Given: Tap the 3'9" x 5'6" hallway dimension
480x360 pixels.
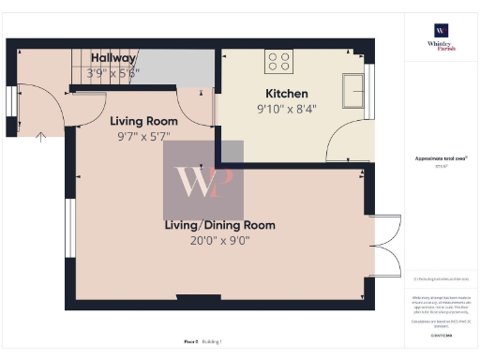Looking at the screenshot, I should tap(113, 72).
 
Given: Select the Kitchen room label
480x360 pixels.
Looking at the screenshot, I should tap(287, 94).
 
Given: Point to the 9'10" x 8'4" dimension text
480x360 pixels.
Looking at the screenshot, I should tap(287, 108).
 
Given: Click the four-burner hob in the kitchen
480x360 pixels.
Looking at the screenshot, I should tap(278, 61).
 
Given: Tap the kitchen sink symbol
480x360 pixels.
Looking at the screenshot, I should tap(355, 91).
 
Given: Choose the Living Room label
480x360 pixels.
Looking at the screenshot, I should tap(143, 121).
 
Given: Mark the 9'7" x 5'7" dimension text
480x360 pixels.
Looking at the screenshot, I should tap(143, 136).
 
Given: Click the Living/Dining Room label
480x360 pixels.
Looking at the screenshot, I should tap(220, 225).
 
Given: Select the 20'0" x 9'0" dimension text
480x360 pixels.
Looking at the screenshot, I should tap(220, 240).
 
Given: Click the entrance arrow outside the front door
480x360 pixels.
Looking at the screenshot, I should tap(40, 137).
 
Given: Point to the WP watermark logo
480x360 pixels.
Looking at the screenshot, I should tap(203, 180).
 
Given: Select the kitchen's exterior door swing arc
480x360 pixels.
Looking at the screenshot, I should tap(345, 141).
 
